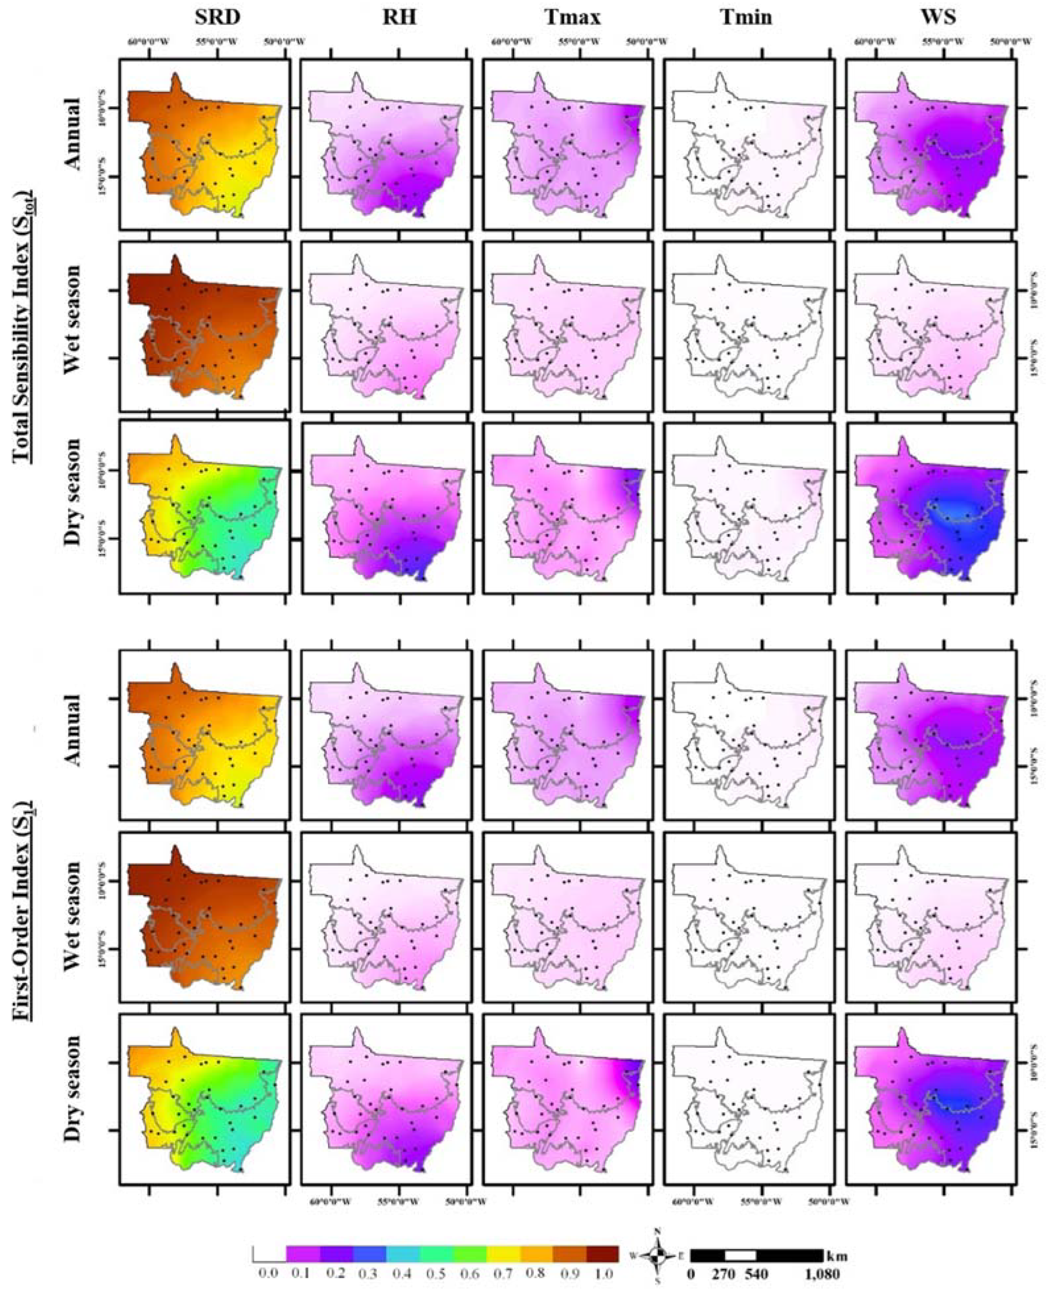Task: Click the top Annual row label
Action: [73, 136]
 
